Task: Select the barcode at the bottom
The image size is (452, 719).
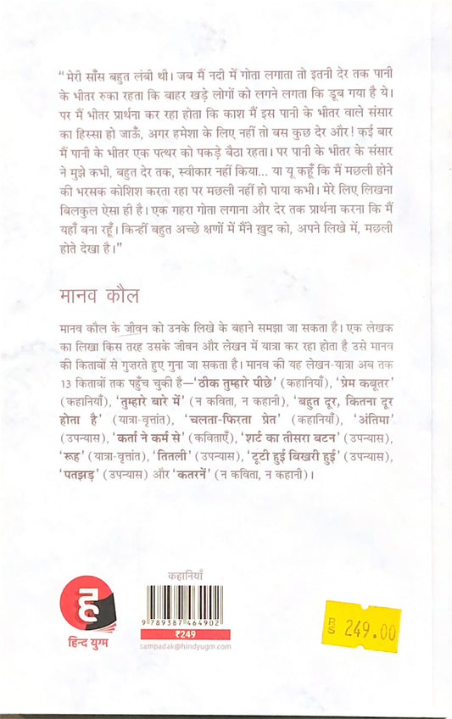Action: [187, 603]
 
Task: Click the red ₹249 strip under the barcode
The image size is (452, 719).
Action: [187, 633]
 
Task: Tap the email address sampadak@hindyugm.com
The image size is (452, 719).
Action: [187, 646]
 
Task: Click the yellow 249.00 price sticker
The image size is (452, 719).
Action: [362, 627]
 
